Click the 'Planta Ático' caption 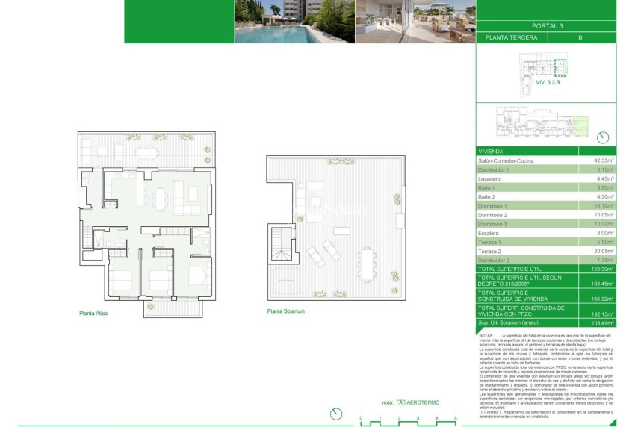pos(93,314)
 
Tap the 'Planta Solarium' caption pos(286,311)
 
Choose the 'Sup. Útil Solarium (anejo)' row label pos(512,322)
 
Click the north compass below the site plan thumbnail pos(604,138)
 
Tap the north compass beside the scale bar pos(336,413)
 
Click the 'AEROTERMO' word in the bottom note pos(424,402)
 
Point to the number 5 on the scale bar pos(455,418)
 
